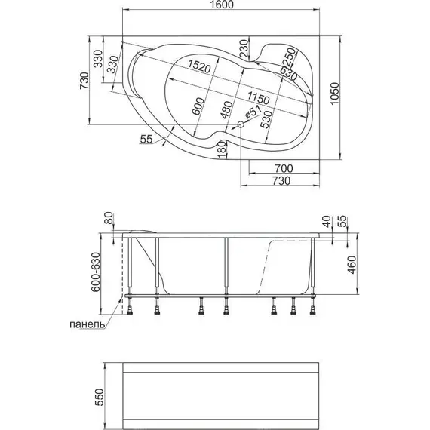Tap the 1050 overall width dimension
pos(335,94)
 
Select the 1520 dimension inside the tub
pos(199,66)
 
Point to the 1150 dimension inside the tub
pos(258,98)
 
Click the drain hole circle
pos(241,124)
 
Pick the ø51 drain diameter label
pos(252,112)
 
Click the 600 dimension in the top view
pos(198,106)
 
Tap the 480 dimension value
pos(226,109)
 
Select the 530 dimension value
pos(266,119)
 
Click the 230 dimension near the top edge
pos(243,48)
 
